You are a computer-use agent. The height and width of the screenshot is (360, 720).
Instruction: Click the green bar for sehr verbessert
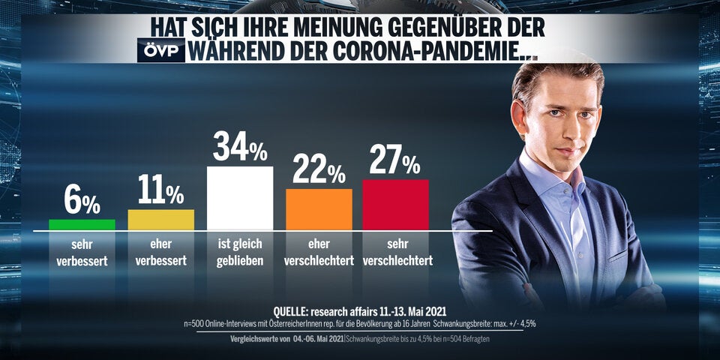click(x=82, y=224)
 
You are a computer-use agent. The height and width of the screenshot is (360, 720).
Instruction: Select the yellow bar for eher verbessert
click(x=161, y=220)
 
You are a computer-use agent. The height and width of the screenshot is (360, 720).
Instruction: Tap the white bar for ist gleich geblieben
click(x=240, y=198)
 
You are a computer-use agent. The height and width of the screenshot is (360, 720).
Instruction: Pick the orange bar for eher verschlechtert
click(x=319, y=209)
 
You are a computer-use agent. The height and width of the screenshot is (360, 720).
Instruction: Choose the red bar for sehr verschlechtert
click(x=395, y=204)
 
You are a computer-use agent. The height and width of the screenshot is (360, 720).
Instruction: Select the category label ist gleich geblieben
click(x=240, y=253)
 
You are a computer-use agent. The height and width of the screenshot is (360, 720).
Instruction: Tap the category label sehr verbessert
click(x=82, y=253)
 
